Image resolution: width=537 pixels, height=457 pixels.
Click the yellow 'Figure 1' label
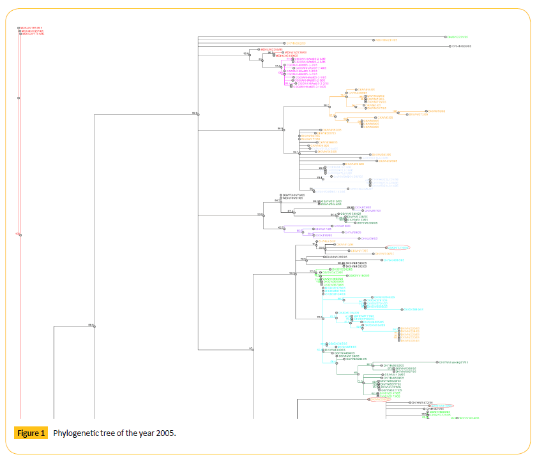coord(31,433)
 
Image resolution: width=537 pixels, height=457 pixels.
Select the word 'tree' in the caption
coord(107,433)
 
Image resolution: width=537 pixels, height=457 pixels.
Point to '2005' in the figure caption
coord(164,433)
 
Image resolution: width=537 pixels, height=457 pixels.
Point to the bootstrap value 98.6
coord(91,325)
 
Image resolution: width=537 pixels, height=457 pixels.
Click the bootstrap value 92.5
coord(292,273)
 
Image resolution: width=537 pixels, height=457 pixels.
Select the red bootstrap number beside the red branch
coord(17,234)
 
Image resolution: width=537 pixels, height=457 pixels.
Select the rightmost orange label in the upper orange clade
coord(436,112)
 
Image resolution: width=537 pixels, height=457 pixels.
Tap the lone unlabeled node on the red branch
coord(19,98)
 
